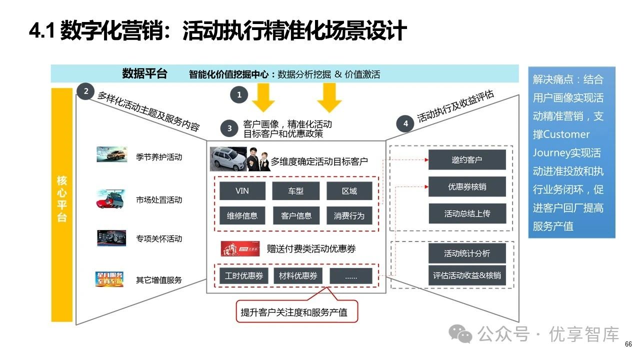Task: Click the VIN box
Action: pyautogui.click(x=242, y=191)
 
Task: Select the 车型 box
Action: pyautogui.click(x=295, y=191)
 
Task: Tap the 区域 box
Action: pyautogui.click(x=349, y=191)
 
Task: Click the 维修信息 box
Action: pyautogui.click(x=242, y=216)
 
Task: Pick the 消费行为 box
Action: pyautogui.click(x=349, y=216)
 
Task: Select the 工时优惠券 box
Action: pyautogui.click(x=243, y=276)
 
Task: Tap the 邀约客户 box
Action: pyautogui.click(x=467, y=160)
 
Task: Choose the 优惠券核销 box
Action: pyautogui.click(x=467, y=186)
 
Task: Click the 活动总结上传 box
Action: pyautogui.click(x=467, y=213)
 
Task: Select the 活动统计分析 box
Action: pyautogui.click(x=467, y=253)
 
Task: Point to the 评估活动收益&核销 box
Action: pyautogui.click(x=467, y=275)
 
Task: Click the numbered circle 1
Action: pyautogui.click(x=239, y=94)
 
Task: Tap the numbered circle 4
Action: pyautogui.click(x=405, y=123)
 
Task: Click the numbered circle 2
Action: pyautogui.click(x=86, y=91)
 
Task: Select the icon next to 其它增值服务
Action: pyautogui.click(x=109, y=279)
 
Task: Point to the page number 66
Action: pyautogui.click(x=628, y=344)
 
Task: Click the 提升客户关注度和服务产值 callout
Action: pyautogui.click(x=297, y=313)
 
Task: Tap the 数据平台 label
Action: pyautogui.click(x=144, y=74)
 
